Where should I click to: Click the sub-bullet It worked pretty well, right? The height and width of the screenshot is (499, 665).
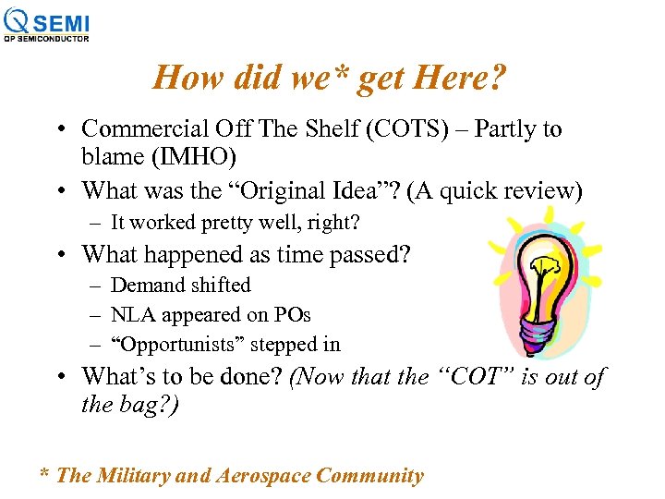click(235, 222)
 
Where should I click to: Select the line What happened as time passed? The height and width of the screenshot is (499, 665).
click(246, 253)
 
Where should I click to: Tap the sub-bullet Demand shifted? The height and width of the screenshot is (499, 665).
click(180, 285)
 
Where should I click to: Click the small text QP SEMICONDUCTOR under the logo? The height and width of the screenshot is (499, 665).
click(46, 39)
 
